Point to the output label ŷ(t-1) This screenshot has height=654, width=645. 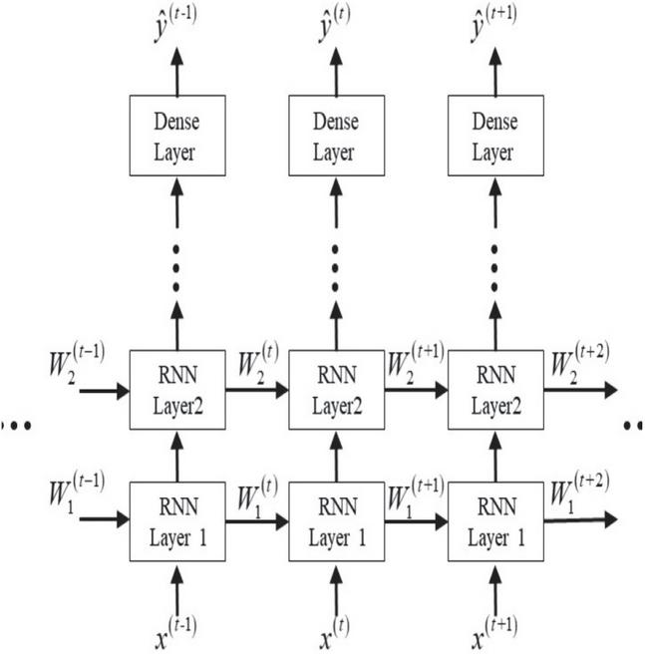(175, 24)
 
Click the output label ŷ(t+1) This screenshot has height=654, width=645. (494, 24)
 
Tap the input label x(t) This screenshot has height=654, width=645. (335, 633)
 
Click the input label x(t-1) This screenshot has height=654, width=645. (175, 633)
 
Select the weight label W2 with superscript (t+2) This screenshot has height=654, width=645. (580, 364)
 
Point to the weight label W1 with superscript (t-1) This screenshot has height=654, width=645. (77, 493)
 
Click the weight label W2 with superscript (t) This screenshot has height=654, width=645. (258, 364)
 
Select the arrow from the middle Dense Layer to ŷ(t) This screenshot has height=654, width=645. (336, 72)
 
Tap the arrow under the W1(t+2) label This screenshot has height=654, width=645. (581, 519)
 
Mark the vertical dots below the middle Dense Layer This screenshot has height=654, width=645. (335, 268)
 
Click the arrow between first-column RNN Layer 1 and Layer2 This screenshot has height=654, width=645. (177, 457)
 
